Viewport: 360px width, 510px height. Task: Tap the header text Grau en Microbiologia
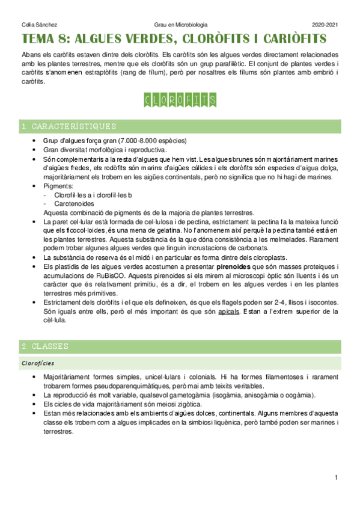click(x=180, y=25)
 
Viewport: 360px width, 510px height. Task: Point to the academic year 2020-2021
click(x=325, y=25)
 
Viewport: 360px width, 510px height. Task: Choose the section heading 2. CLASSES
click(x=45, y=346)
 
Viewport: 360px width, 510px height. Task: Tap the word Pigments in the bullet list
click(x=59, y=187)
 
